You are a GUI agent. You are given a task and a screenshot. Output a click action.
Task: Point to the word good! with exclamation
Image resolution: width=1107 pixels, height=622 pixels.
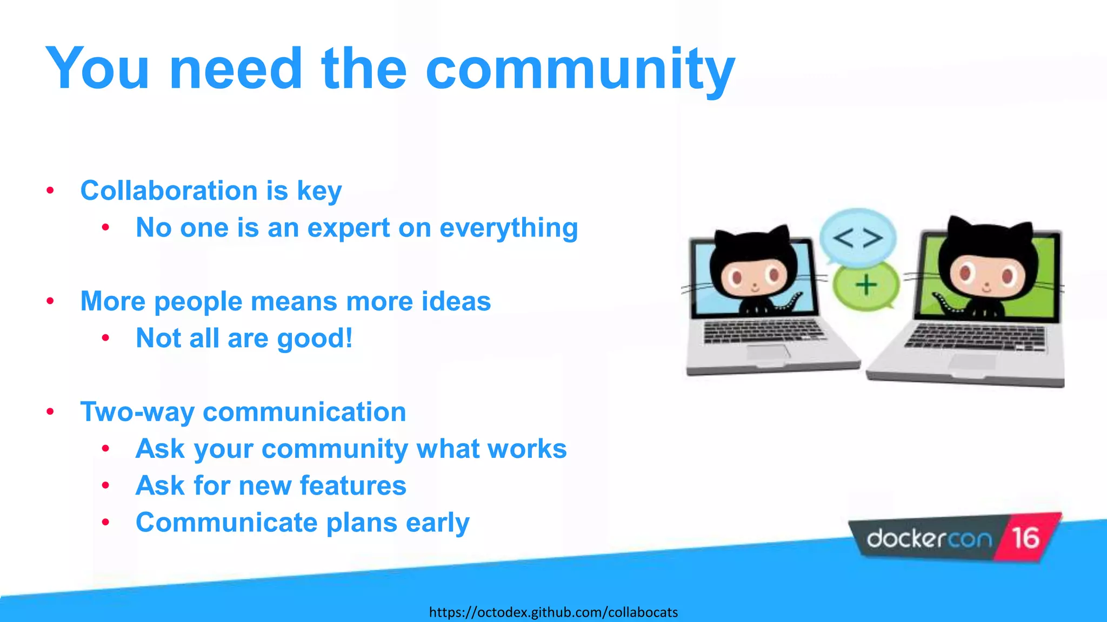pos(314,339)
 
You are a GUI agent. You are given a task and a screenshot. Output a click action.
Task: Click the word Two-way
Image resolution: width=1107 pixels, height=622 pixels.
pos(137,412)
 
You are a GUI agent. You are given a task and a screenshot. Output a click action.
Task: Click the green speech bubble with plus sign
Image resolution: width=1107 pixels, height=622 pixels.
pos(865,285)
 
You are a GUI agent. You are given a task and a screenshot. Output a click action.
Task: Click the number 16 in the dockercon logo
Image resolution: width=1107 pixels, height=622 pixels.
pos(1025,538)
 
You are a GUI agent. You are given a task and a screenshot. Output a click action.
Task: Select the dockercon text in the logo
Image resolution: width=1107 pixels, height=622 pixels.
pos(929,539)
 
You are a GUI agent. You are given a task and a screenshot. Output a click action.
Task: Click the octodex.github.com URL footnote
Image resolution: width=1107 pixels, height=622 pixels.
pos(553,612)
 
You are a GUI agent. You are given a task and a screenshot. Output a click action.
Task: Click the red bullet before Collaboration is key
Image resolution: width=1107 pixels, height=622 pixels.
pos(50,191)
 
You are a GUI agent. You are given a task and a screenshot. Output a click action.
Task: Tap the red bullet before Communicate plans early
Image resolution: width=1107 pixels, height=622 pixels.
pos(106,522)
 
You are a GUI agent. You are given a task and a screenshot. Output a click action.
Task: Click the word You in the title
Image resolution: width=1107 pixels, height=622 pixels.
pos(97,70)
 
